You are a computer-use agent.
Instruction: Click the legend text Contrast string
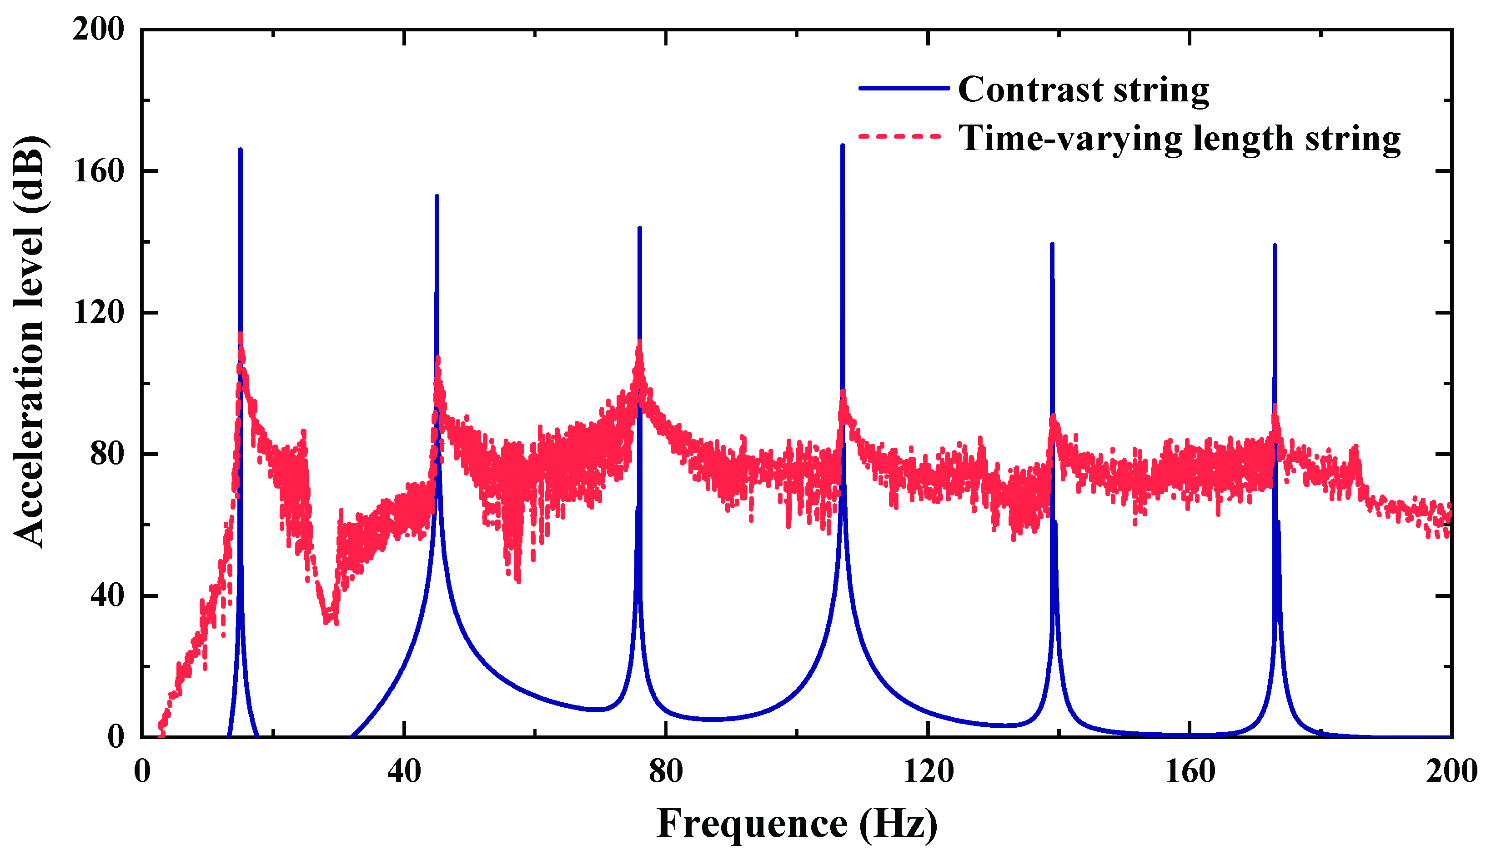(1083, 90)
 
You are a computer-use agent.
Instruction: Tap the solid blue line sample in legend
(904, 88)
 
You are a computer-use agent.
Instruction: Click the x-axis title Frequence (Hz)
(797, 824)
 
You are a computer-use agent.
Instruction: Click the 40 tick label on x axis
(404, 771)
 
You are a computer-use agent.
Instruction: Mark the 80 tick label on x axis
(666, 771)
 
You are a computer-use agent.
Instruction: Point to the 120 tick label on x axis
(928, 771)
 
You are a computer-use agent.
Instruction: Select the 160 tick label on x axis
(1190, 771)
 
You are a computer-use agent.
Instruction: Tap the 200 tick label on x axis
(1451, 771)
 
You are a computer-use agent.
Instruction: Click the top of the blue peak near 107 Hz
(842, 145)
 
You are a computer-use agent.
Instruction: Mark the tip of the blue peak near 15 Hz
(241, 150)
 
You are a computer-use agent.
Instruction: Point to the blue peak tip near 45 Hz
(437, 196)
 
